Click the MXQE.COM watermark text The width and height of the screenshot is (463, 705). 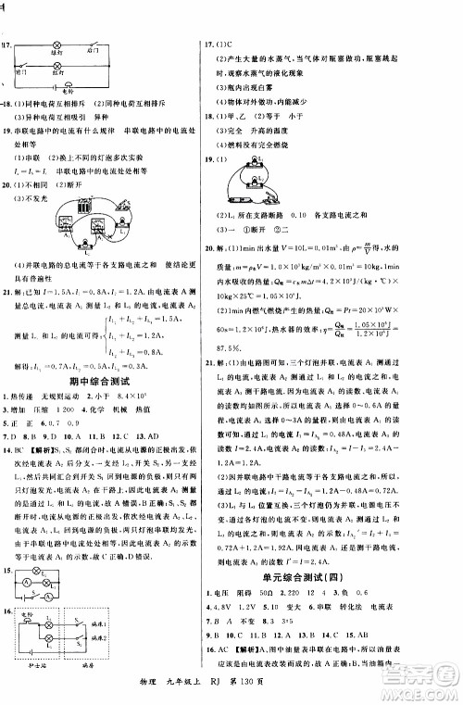tap(425, 686)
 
